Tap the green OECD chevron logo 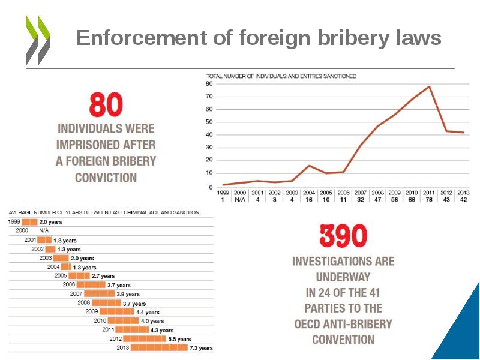pyautogui.click(x=38, y=40)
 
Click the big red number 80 pyautogui.click(x=106, y=105)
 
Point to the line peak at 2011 pyautogui.click(x=429, y=86)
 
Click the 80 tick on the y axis pyautogui.click(x=210, y=83)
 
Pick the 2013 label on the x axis pyautogui.click(x=463, y=193)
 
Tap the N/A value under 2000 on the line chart pyautogui.click(x=240, y=199)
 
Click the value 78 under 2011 pyautogui.click(x=429, y=199)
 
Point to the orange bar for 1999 pyautogui.click(x=29, y=222)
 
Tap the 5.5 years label pyautogui.click(x=180, y=339)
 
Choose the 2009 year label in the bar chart pyautogui.click(x=91, y=311)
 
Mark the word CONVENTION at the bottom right pyautogui.click(x=343, y=340)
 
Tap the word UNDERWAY pyautogui.click(x=343, y=277)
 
